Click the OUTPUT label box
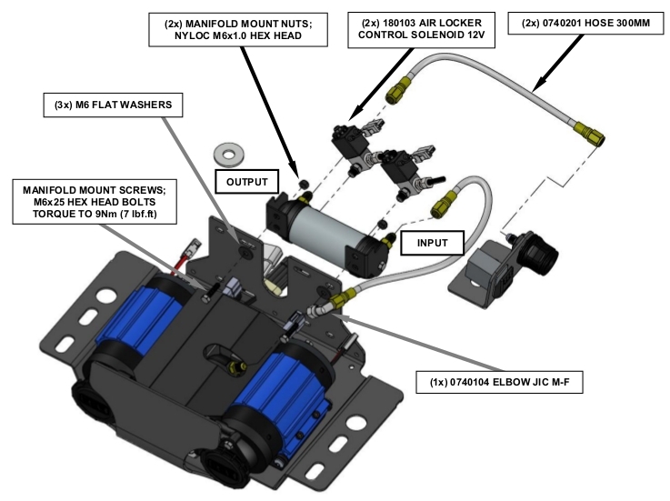241,181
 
